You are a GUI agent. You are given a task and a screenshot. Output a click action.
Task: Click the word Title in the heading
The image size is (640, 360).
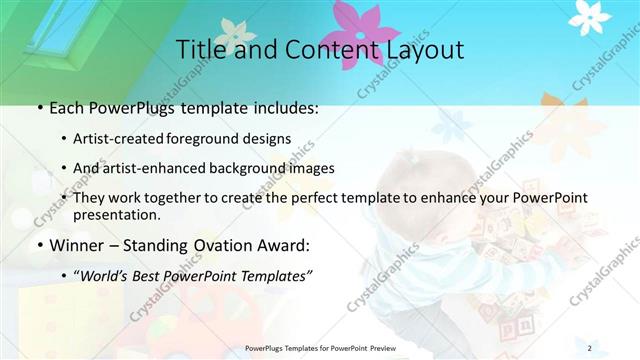pyautogui.click(x=199, y=49)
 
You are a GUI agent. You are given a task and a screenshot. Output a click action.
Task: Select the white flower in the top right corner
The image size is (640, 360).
pyautogui.click(x=589, y=14)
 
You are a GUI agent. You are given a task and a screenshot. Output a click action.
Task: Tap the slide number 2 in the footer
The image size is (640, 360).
pyautogui.click(x=590, y=348)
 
